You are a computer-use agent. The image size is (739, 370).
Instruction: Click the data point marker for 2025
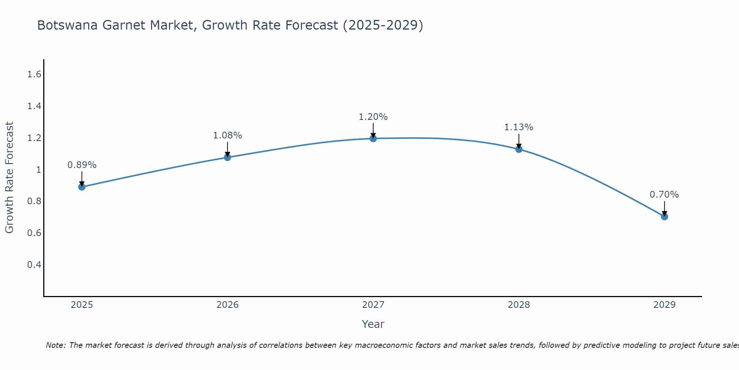(x=82, y=187)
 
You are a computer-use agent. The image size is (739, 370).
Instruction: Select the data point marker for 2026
(x=227, y=157)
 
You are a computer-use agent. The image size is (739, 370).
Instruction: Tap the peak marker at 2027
(x=373, y=138)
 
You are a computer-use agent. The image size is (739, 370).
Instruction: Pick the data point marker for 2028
(x=519, y=149)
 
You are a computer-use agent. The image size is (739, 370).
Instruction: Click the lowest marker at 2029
(x=664, y=216)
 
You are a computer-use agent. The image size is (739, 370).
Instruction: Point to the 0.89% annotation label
(x=82, y=165)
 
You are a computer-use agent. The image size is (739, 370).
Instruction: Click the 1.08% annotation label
(x=227, y=135)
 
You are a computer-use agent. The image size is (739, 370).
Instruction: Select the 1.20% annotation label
(x=373, y=117)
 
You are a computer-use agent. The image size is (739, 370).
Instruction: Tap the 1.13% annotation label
(x=519, y=127)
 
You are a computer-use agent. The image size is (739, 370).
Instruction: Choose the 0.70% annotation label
(x=664, y=195)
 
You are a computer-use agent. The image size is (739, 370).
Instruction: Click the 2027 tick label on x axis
(x=373, y=305)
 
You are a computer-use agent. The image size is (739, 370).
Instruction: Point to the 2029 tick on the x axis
(x=664, y=305)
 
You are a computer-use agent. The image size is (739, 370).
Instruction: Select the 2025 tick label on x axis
(x=82, y=305)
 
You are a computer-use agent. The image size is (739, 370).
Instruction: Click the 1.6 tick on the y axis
(x=34, y=75)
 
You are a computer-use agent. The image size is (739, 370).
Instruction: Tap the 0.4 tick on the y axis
(x=34, y=265)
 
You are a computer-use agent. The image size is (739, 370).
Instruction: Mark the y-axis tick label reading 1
(x=38, y=170)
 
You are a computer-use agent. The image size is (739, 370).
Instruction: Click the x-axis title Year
(x=373, y=324)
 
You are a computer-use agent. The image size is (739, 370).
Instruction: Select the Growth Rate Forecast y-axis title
(x=9, y=178)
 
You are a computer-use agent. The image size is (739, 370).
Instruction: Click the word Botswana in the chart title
(x=68, y=25)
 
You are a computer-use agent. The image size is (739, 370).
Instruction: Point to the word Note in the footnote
(x=55, y=345)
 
